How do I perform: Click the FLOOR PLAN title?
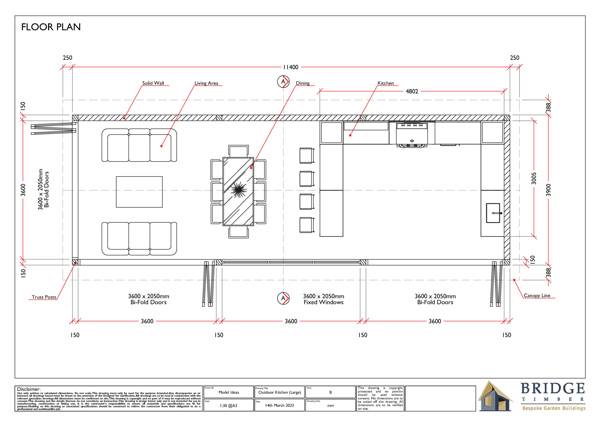[51, 27]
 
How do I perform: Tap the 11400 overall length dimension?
[291, 67]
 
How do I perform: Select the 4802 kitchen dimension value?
[412, 91]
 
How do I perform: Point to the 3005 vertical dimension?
[534, 178]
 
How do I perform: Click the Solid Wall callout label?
[153, 83]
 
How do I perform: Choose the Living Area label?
[206, 83]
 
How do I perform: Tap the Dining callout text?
[303, 83]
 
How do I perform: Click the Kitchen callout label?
[385, 83]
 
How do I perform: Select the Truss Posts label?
[44, 297]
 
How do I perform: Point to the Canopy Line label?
[537, 295]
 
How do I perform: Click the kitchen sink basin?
[493, 213]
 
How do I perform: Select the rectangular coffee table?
[139, 192]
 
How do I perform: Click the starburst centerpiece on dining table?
[239, 190]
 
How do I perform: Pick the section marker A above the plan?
[283, 82]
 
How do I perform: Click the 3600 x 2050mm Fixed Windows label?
[324, 299]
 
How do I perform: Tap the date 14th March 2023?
[280, 405]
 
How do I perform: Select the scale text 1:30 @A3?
[229, 406]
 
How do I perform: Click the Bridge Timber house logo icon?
[495, 396]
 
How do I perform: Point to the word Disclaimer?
[29, 389]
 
